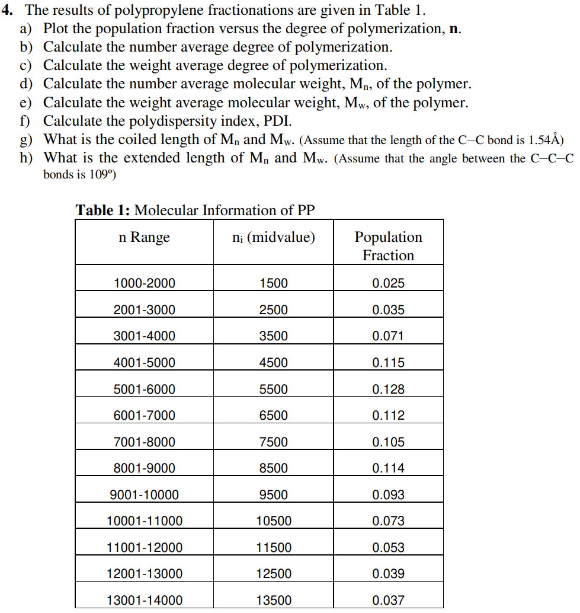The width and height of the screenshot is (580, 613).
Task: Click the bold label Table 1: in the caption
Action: pos(103,210)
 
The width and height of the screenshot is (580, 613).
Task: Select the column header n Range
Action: pos(144,237)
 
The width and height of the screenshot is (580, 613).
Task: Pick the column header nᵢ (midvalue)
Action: pos(273,238)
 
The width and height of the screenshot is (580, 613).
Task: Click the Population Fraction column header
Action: pos(388,246)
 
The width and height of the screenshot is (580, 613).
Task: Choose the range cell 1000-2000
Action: pos(144,283)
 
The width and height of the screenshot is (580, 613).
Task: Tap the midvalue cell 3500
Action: pos(273,336)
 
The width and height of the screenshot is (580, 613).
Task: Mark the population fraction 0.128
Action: pos(388,389)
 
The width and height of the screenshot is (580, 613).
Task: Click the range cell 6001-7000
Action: pos(144,416)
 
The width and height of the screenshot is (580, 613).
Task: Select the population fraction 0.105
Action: pos(388,442)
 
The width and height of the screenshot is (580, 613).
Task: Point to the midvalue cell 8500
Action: pos(273,468)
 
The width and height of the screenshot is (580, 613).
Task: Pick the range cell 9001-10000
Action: pos(144,495)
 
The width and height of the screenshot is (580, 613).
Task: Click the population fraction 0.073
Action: pos(388,521)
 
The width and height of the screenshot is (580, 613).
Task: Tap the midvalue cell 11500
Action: pos(273,548)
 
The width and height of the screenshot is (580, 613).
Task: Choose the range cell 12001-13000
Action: pos(144,574)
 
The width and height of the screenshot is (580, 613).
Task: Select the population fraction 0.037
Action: pos(388,601)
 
